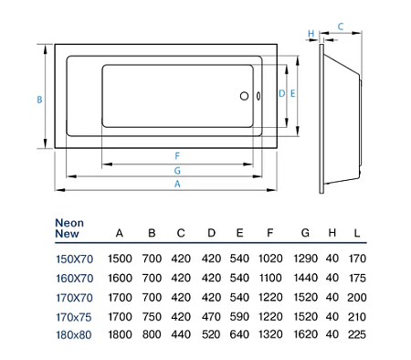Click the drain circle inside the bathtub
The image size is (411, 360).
point(244,95)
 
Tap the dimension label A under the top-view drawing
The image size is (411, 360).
point(177,184)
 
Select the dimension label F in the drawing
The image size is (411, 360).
point(177,155)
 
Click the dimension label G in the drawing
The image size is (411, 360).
point(177,170)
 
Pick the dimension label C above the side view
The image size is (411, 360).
point(340,27)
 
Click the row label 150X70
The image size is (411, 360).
point(74,259)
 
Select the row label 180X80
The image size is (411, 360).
point(74,334)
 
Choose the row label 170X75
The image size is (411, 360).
point(74,315)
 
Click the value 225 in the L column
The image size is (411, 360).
point(357,334)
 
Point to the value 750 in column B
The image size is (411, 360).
point(152,315)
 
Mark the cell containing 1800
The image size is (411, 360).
point(120,334)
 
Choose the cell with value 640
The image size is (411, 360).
point(239,334)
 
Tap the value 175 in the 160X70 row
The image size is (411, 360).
point(357,278)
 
